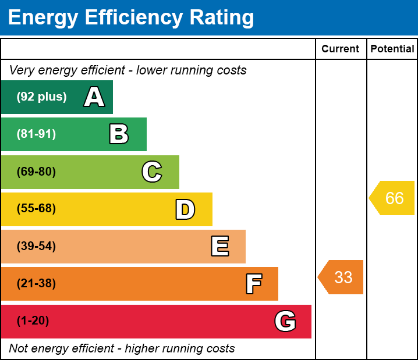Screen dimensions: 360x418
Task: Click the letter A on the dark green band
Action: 94,97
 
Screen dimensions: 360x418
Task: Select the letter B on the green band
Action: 119,134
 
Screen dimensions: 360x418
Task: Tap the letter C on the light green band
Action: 152,172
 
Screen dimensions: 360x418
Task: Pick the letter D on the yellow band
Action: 185,209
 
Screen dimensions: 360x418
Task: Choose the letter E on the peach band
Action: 219,247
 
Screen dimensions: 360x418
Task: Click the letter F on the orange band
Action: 253,284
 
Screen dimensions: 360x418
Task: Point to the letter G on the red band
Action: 285,321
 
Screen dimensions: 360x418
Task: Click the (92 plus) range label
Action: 41,97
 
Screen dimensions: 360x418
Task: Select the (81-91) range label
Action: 36,134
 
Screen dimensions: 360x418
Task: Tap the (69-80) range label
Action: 36,172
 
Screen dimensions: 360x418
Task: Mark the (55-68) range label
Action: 36,209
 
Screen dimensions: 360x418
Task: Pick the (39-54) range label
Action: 36,247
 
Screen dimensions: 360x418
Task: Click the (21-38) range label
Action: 36,284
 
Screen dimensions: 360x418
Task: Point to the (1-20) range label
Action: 33,321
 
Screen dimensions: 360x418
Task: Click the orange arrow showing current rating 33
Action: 341,277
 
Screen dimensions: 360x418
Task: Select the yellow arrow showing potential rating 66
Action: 393,198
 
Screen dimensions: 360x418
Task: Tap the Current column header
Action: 341,49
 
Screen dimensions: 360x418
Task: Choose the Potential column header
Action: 392,49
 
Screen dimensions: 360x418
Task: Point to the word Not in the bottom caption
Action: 19,348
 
